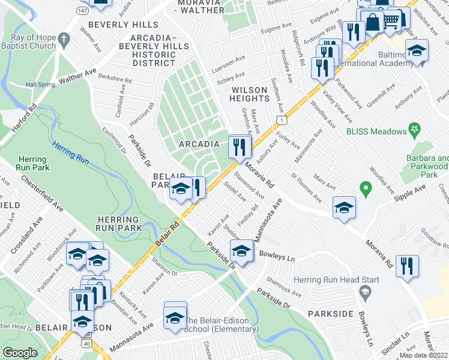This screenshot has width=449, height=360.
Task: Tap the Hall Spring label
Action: tap(40, 85)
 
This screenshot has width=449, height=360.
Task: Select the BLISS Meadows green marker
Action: tap(413, 129)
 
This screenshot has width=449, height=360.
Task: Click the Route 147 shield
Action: tap(82, 11)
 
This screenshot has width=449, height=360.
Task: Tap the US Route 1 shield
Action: tap(280, 121)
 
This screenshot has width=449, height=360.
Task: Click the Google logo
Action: tap(20, 353)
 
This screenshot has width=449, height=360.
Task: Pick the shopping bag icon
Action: tap(373, 23)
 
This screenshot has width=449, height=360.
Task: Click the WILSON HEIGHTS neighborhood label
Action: tap(249, 94)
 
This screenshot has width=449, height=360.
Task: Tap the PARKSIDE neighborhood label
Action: tap(330, 314)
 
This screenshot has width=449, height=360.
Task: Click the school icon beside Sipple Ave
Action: tap(344, 208)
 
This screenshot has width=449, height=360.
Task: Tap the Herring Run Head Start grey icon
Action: tap(364, 292)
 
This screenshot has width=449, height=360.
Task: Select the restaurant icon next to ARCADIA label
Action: tap(239, 146)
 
